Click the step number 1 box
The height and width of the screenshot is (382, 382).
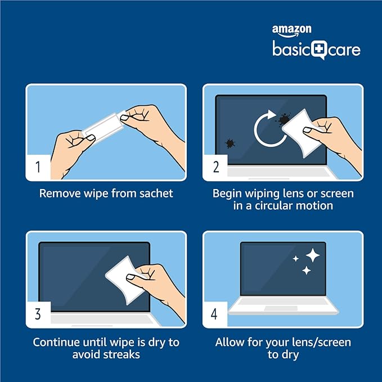38,167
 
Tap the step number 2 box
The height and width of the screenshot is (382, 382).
215,167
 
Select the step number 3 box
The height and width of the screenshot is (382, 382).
38,314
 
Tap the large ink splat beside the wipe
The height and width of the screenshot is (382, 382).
283,119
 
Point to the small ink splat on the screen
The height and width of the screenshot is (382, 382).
230,143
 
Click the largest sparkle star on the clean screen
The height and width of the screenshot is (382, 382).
313,255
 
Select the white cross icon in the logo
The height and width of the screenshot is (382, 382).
319,49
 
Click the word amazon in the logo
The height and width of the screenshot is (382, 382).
291,29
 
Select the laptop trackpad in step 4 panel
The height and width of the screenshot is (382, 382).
281,308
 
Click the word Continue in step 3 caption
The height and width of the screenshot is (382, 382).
56,342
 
